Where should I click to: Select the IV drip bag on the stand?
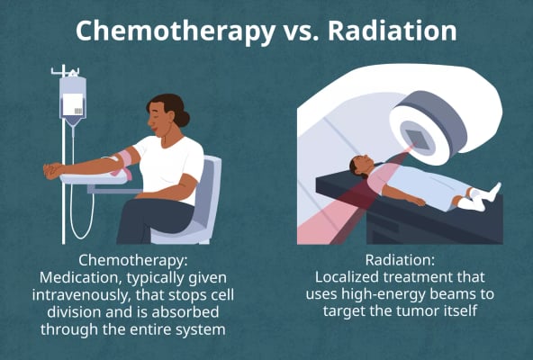73,98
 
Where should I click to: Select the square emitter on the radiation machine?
417,139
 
